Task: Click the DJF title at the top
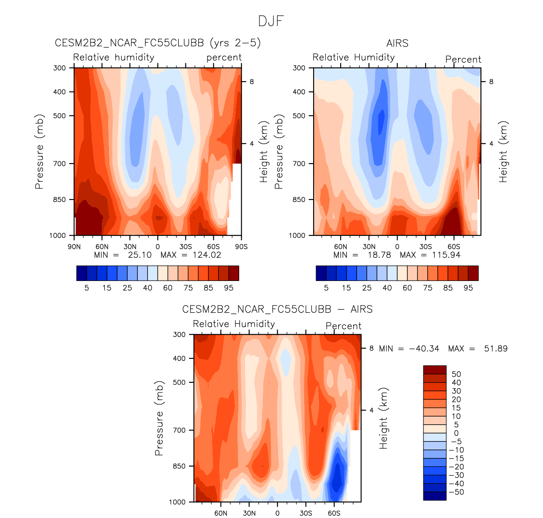click(x=271, y=21)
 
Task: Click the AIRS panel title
click(x=397, y=43)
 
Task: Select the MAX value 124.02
click(x=207, y=255)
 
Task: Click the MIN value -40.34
click(x=424, y=349)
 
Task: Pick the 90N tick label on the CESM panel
click(x=74, y=247)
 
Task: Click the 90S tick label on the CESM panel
click(x=241, y=247)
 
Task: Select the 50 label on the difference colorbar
click(x=456, y=374)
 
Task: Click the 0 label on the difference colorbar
click(x=456, y=433)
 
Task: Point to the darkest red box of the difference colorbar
click(x=434, y=370)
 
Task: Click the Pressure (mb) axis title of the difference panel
click(x=159, y=418)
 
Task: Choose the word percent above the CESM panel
click(x=224, y=57)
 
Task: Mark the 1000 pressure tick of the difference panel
click(x=177, y=502)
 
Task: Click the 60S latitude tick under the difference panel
click(x=334, y=513)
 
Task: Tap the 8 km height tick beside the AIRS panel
click(x=491, y=82)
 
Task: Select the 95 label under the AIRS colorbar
click(x=468, y=288)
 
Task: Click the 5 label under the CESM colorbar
click(x=87, y=288)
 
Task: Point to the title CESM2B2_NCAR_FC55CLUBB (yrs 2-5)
click(x=158, y=43)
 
